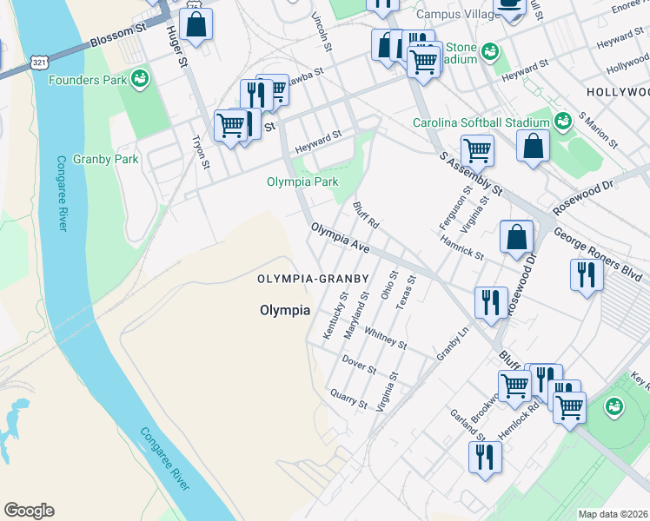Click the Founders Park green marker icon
[138, 80]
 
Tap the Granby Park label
[106, 160]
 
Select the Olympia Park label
[302, 182]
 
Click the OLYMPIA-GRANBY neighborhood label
[313, 279]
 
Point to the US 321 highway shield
[39, 63]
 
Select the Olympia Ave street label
[341, 237]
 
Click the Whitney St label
[385, 337]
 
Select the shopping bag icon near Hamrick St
[517, 236]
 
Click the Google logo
[29, 511]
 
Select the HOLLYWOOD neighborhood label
[617, 92]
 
